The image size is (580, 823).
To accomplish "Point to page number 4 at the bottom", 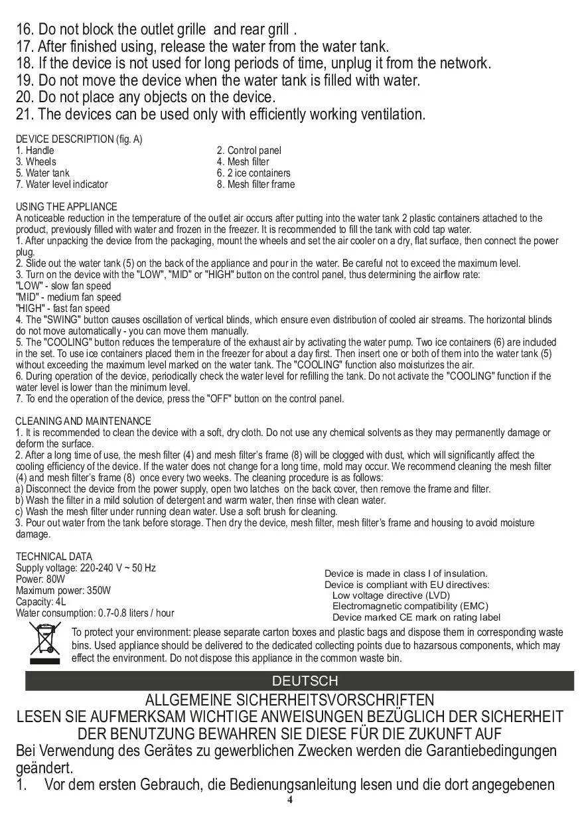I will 290,799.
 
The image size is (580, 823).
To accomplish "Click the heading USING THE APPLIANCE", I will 66,207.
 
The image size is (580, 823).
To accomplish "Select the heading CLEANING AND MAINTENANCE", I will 83,421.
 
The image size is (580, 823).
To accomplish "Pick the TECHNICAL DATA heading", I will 54,557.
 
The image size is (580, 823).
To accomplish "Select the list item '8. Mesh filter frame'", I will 255,185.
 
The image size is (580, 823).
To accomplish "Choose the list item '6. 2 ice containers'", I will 254,173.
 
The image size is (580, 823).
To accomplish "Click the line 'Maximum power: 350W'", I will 63,591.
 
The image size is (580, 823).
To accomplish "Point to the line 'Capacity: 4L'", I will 40,602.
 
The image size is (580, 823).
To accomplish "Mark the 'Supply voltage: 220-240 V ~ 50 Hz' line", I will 86,568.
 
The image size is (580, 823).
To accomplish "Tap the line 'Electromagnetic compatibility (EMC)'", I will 410,606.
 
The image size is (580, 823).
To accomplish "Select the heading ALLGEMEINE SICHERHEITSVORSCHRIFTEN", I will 290,701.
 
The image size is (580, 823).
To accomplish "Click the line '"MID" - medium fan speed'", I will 68,297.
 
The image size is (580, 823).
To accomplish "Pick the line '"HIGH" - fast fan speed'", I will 63,309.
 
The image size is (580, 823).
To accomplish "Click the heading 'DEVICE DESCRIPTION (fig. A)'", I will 79,139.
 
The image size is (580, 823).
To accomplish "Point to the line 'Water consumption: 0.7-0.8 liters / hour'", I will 95,613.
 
